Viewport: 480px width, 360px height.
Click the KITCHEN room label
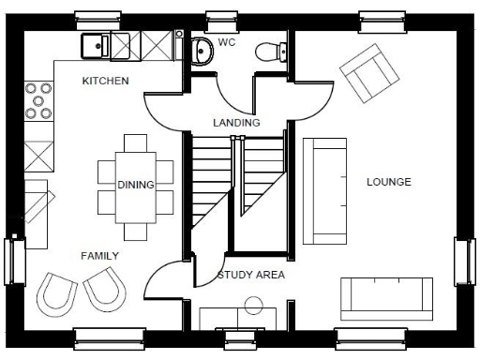(x=104, y=82)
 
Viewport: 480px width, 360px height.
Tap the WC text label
(x=227, y=42)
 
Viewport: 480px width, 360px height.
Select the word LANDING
(x=236, y=123)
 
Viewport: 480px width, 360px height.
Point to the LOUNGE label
(x=388, y=182)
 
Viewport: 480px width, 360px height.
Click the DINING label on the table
(x=136, y=185)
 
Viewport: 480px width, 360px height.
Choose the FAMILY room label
(x=99, y=255)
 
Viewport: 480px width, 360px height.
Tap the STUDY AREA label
(x=250, y=276)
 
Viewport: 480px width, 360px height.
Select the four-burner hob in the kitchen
(x=39, y=101)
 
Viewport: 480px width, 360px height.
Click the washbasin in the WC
(x=201, y=52)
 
